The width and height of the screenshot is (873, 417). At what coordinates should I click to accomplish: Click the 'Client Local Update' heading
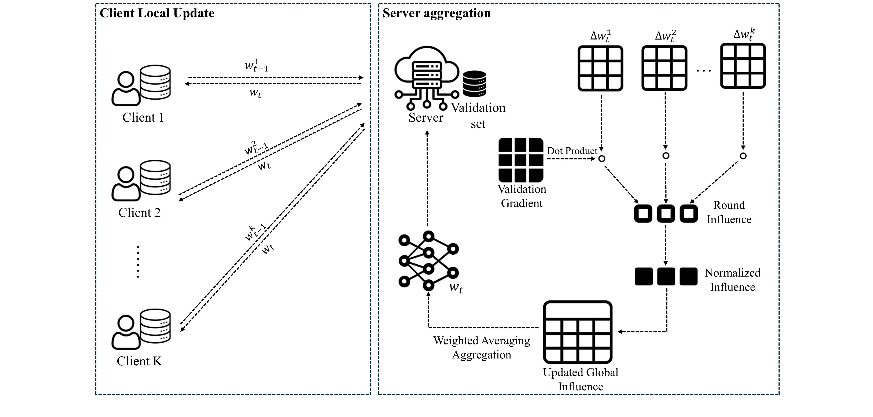157,13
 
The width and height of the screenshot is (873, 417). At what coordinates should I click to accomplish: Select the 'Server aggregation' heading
436,13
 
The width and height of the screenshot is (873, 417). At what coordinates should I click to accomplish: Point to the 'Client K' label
139,361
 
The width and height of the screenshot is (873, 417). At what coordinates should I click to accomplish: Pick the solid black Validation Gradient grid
521,160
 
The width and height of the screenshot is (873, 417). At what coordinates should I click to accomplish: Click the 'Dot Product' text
572,151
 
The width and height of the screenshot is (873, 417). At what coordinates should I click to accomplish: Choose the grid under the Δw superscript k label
743,66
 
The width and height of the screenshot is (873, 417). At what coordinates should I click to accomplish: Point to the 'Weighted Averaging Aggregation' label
482,348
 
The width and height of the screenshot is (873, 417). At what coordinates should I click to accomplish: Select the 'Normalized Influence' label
732,280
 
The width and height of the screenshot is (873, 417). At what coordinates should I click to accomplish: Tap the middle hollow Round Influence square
666,214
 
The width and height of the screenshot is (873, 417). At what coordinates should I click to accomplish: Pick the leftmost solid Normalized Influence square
644,276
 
